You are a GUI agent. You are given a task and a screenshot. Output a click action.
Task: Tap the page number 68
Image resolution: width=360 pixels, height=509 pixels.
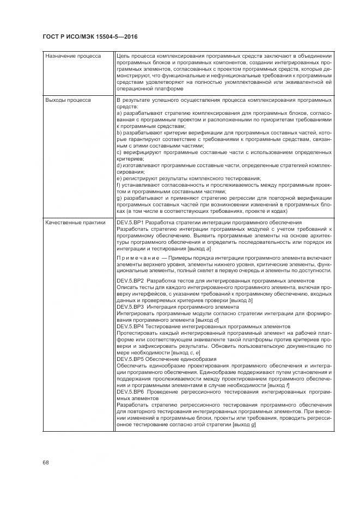coord(46,462)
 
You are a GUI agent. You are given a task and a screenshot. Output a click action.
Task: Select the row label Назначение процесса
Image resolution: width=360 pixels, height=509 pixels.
coord(69,56)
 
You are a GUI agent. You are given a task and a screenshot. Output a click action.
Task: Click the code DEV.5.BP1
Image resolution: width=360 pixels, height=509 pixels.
coord(131,223)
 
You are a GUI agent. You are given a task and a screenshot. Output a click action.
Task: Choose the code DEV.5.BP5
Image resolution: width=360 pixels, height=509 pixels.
coord(131,359)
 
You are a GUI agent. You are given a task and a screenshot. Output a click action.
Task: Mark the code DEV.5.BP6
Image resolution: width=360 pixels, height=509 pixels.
coord(131,392)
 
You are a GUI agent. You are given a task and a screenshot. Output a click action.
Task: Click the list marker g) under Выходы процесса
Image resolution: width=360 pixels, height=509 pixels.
coord(119,198)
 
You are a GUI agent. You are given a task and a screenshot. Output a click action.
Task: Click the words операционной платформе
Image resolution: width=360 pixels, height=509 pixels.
coord(143,89)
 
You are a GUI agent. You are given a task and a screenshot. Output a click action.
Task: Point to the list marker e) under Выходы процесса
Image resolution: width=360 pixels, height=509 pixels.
coord(119,178)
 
